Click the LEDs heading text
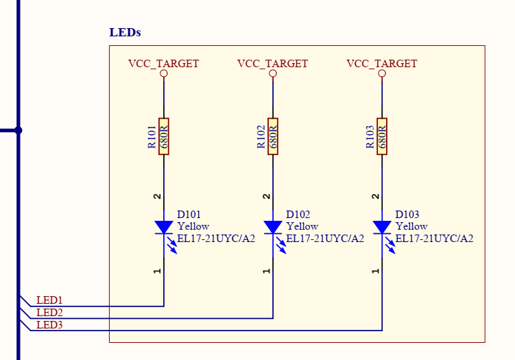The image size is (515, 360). (125, 33)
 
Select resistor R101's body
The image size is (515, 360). (164, 136)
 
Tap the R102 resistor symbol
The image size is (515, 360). (273, 136)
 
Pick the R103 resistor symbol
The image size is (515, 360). (382, 136)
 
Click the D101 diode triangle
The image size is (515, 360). (164, 227)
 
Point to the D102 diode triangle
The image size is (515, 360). (273, 227)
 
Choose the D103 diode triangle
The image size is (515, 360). (382, 227)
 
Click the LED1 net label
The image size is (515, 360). (49, 300)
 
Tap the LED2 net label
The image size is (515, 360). (49, 313)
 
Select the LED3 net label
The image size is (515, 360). (49, 325)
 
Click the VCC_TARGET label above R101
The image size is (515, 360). (163, 64)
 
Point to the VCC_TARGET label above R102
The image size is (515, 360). (272, 64)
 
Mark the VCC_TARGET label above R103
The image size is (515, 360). (381, 64)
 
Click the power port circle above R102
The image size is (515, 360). (273, 73)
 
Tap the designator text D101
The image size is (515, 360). (189, 214)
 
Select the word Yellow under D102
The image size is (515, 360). (302, 226)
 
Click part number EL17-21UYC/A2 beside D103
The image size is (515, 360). (434, 239)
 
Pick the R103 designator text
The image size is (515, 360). (370, 136)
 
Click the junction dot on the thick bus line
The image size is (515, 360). (19, 130)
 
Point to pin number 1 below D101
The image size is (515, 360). (158, 271)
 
